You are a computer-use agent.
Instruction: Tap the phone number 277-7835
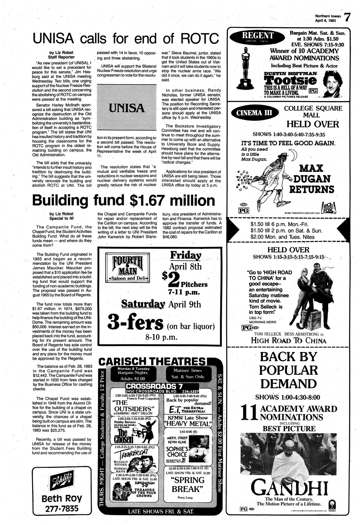[x=62, y=508]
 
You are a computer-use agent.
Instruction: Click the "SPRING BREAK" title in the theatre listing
[x=187, y=485]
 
